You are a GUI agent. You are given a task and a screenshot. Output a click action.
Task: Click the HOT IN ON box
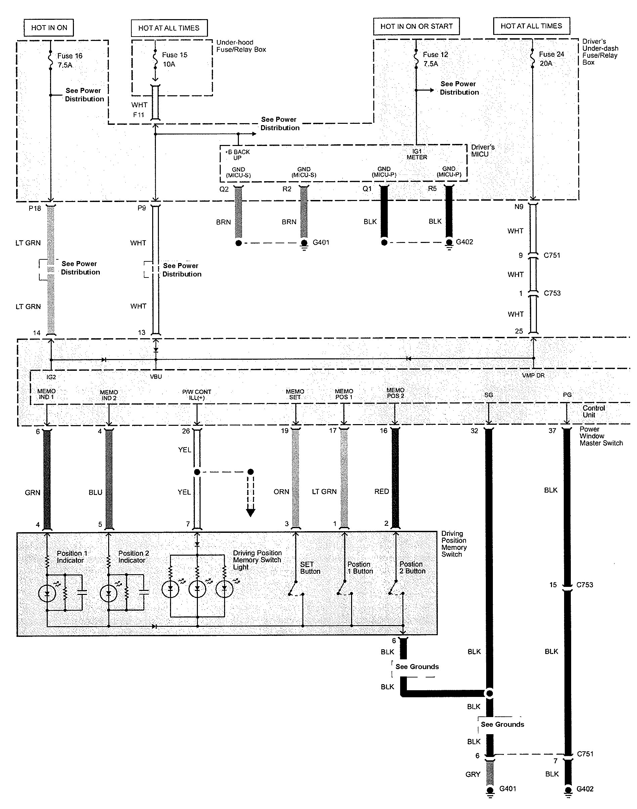point(49,28)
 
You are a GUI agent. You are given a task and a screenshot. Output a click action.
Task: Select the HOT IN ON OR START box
point(416,27)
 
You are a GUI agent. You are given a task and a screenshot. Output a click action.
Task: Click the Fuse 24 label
point(551,58)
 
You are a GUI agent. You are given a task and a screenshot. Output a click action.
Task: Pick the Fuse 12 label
point(435,59)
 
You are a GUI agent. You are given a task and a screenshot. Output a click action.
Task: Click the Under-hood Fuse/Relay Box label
point(241,46)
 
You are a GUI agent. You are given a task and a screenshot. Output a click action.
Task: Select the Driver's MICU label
point(482,150)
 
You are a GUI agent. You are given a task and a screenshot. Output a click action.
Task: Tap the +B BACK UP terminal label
point(237,155)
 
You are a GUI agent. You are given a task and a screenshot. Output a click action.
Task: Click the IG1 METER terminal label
point(417,154)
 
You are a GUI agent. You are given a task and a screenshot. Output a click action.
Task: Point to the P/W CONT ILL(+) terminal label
point(197,395)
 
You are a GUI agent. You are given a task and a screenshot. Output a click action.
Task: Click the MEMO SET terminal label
point(295,394)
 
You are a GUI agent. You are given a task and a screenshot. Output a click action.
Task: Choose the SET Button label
point(310,568)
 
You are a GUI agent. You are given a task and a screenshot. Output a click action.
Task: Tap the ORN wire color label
point(281,492)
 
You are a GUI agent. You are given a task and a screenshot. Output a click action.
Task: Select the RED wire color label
point(382,491)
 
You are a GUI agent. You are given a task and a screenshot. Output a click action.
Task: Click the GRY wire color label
point(472,774)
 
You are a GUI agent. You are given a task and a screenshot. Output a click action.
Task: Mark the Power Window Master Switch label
point(601,436)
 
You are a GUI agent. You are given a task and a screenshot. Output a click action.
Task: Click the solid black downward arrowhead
point(251,513)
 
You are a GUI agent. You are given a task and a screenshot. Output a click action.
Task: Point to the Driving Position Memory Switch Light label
point(257,560)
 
